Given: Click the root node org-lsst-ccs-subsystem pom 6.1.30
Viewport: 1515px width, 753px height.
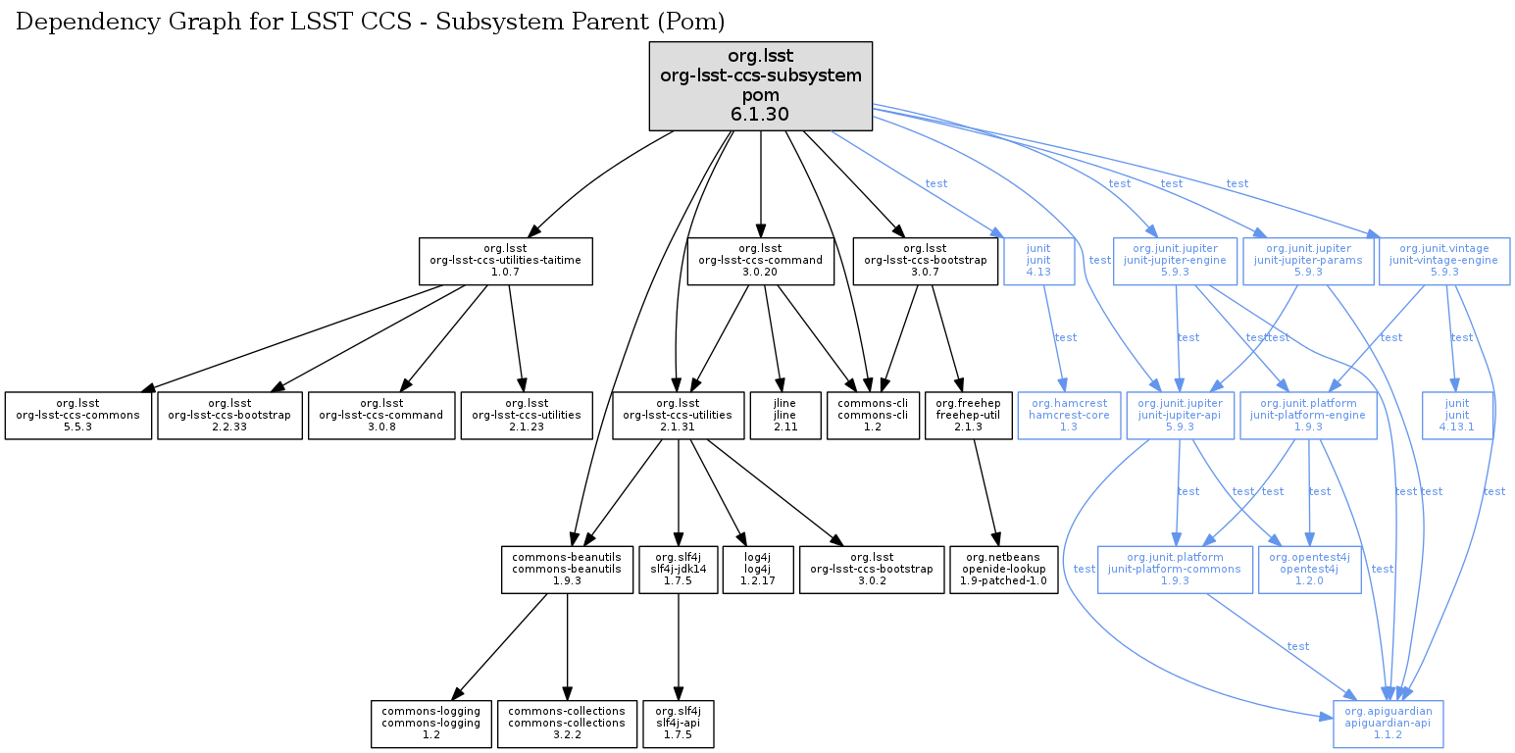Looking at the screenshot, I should coord(761,86).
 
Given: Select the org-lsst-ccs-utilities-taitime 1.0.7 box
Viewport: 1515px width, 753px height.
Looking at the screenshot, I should coord(506,262).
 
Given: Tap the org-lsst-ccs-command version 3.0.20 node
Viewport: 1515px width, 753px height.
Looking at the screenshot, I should coord(761,262).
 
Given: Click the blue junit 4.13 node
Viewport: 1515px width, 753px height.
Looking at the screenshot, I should coord(1038,262).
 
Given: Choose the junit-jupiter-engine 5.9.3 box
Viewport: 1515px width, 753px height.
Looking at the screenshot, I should coord(1175,262).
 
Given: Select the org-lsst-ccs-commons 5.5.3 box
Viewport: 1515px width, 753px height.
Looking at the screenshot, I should coord(78,416).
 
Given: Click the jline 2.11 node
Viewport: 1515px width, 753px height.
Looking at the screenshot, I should coord(784,416).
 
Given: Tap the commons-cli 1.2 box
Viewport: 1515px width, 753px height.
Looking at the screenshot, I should coord(873,416).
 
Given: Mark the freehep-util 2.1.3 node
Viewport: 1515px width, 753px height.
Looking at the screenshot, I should coord(968,416).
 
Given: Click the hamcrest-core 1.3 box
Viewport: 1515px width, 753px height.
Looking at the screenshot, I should coord(1069,416).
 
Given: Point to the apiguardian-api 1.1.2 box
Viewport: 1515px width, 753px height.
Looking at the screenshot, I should coord(1389,724).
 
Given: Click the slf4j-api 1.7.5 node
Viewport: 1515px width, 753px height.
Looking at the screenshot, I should coord(679,724).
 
